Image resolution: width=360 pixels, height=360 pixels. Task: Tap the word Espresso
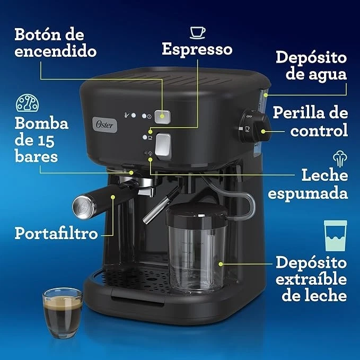point(197,49)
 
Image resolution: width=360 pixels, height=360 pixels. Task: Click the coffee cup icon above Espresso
point(198,31)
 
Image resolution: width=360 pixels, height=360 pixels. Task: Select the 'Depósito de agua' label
point(311,65)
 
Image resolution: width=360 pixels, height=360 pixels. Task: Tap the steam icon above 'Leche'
point(339,159)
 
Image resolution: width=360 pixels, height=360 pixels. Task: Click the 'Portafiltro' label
point(56,233)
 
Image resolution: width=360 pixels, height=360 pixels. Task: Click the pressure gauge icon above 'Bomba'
point(27,103)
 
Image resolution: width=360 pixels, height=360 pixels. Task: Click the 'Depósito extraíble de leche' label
point(311,279)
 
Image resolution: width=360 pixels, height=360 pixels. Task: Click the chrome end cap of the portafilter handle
point(82,206)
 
